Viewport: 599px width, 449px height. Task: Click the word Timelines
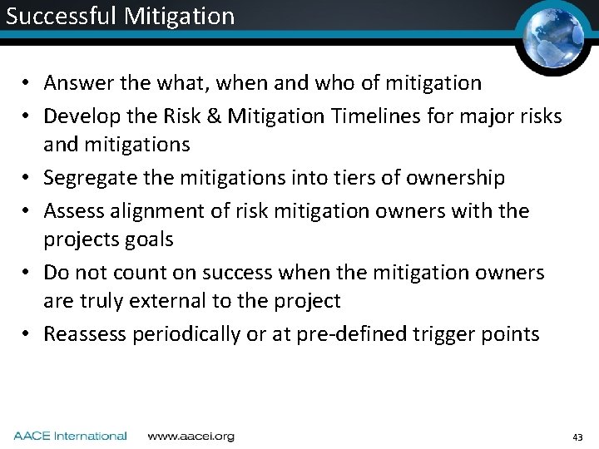[377, 116]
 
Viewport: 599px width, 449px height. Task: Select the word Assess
[73, 210]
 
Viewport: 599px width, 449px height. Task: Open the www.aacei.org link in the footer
[191, 436]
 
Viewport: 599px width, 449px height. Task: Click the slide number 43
[578, 437]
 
